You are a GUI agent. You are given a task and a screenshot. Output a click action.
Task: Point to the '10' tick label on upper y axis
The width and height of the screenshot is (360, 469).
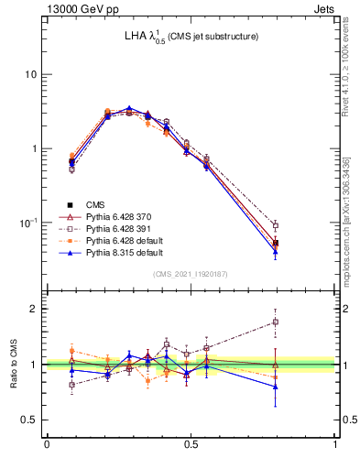click(31, 74)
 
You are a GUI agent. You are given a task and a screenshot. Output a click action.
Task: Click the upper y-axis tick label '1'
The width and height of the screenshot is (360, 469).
click(35, 148)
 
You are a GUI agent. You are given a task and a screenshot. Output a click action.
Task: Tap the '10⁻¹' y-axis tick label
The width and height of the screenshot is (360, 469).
click(28, 222)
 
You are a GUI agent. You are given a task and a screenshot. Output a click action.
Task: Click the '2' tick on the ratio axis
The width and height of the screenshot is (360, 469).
click(35, 309)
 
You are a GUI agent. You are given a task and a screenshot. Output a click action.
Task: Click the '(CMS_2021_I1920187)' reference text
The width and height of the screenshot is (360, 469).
click(191, 273)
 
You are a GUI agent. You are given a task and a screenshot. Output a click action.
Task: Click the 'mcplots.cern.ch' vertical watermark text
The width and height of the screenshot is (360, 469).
click(350, 211)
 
